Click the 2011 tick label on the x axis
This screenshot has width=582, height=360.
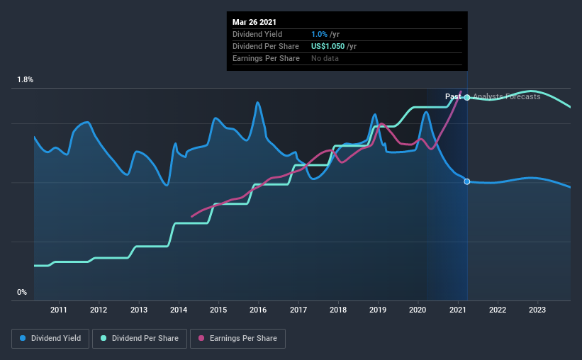coord(58,310)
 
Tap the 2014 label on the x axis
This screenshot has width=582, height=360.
coord(178,310)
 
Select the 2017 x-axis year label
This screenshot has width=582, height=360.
coord(298,310)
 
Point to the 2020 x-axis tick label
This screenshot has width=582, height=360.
coord(418,310)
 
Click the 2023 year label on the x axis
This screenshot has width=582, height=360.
coord(537,310)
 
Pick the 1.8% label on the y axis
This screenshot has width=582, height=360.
coord(25,80)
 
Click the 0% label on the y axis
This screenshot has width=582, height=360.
coord(22,292)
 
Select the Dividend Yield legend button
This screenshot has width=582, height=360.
coord(50,339)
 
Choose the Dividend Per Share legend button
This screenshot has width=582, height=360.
coord(144,339)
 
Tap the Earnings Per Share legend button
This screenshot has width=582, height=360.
coord(237,339)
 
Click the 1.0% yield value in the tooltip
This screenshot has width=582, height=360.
coord(318,34)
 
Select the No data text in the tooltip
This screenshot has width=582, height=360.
coord(325,58)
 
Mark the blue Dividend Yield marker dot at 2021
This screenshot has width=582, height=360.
coord(467,181)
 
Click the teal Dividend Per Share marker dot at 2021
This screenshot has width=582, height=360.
coord(467,97)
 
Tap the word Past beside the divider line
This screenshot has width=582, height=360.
coord(453,96)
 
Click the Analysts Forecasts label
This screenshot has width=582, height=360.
coord(506,96)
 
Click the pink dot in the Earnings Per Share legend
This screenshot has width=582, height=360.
coord(201,339)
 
